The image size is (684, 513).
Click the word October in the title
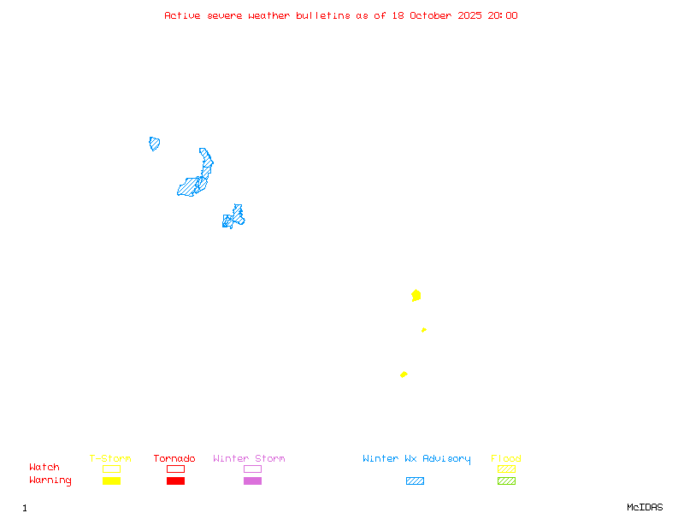[x=432, y=15]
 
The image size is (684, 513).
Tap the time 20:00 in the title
[x=502, y=15]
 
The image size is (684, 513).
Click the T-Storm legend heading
[x=110, y=459]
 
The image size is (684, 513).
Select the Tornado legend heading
[x=174, y=459]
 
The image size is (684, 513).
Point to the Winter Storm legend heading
[x=249, y=459]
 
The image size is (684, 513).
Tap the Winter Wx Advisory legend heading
[x=416, y=459]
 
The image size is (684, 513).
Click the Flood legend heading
[x=506, y=459]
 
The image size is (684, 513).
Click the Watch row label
[x=44, y=468]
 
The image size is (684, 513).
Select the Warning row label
[x=50, y=481]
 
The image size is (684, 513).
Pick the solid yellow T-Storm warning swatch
[x=111, y=481]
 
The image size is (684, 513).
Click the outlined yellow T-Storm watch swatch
[x=111, y=469]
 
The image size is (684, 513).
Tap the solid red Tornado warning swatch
[x=175, y=481]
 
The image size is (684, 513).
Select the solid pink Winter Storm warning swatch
[x=252, y=481]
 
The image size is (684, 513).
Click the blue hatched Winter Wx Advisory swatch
[x=415, y=481]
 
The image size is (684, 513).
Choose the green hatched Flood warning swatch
[x=506, y=481]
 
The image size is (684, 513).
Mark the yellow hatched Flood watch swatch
[x=506, y=469]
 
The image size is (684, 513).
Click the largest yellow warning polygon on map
[x=416, y=296]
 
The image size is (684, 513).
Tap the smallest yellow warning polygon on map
[x=423, y=330]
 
